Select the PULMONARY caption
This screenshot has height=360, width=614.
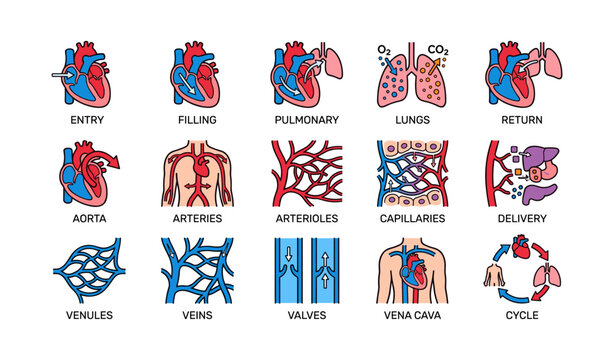tap(307, 118)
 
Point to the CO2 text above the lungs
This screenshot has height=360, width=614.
tap(438, 49)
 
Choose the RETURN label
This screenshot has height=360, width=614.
tap(521, 118)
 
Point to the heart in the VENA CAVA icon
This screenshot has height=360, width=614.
tap(415, 268)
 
